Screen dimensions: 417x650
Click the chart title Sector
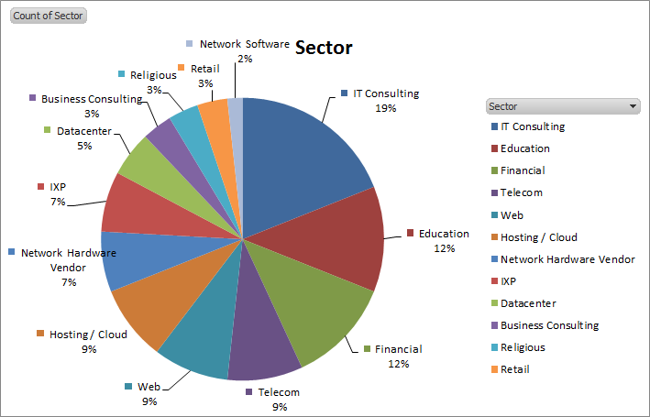coord(324,48)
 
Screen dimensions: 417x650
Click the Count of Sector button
coord(48,16)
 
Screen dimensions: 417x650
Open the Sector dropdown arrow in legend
coord(633,106)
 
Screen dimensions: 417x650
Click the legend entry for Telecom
coord(522,192)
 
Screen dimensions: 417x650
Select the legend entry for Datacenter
coord(528,303)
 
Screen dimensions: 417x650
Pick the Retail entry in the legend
coord(514,369)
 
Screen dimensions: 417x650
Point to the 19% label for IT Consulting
coord(385,108)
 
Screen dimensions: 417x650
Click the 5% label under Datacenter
coord(84,146)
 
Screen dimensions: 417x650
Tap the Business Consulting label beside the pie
coord(92,99)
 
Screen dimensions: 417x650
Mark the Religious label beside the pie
coord(153,75)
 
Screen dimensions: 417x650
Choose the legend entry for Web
coord(512,214)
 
